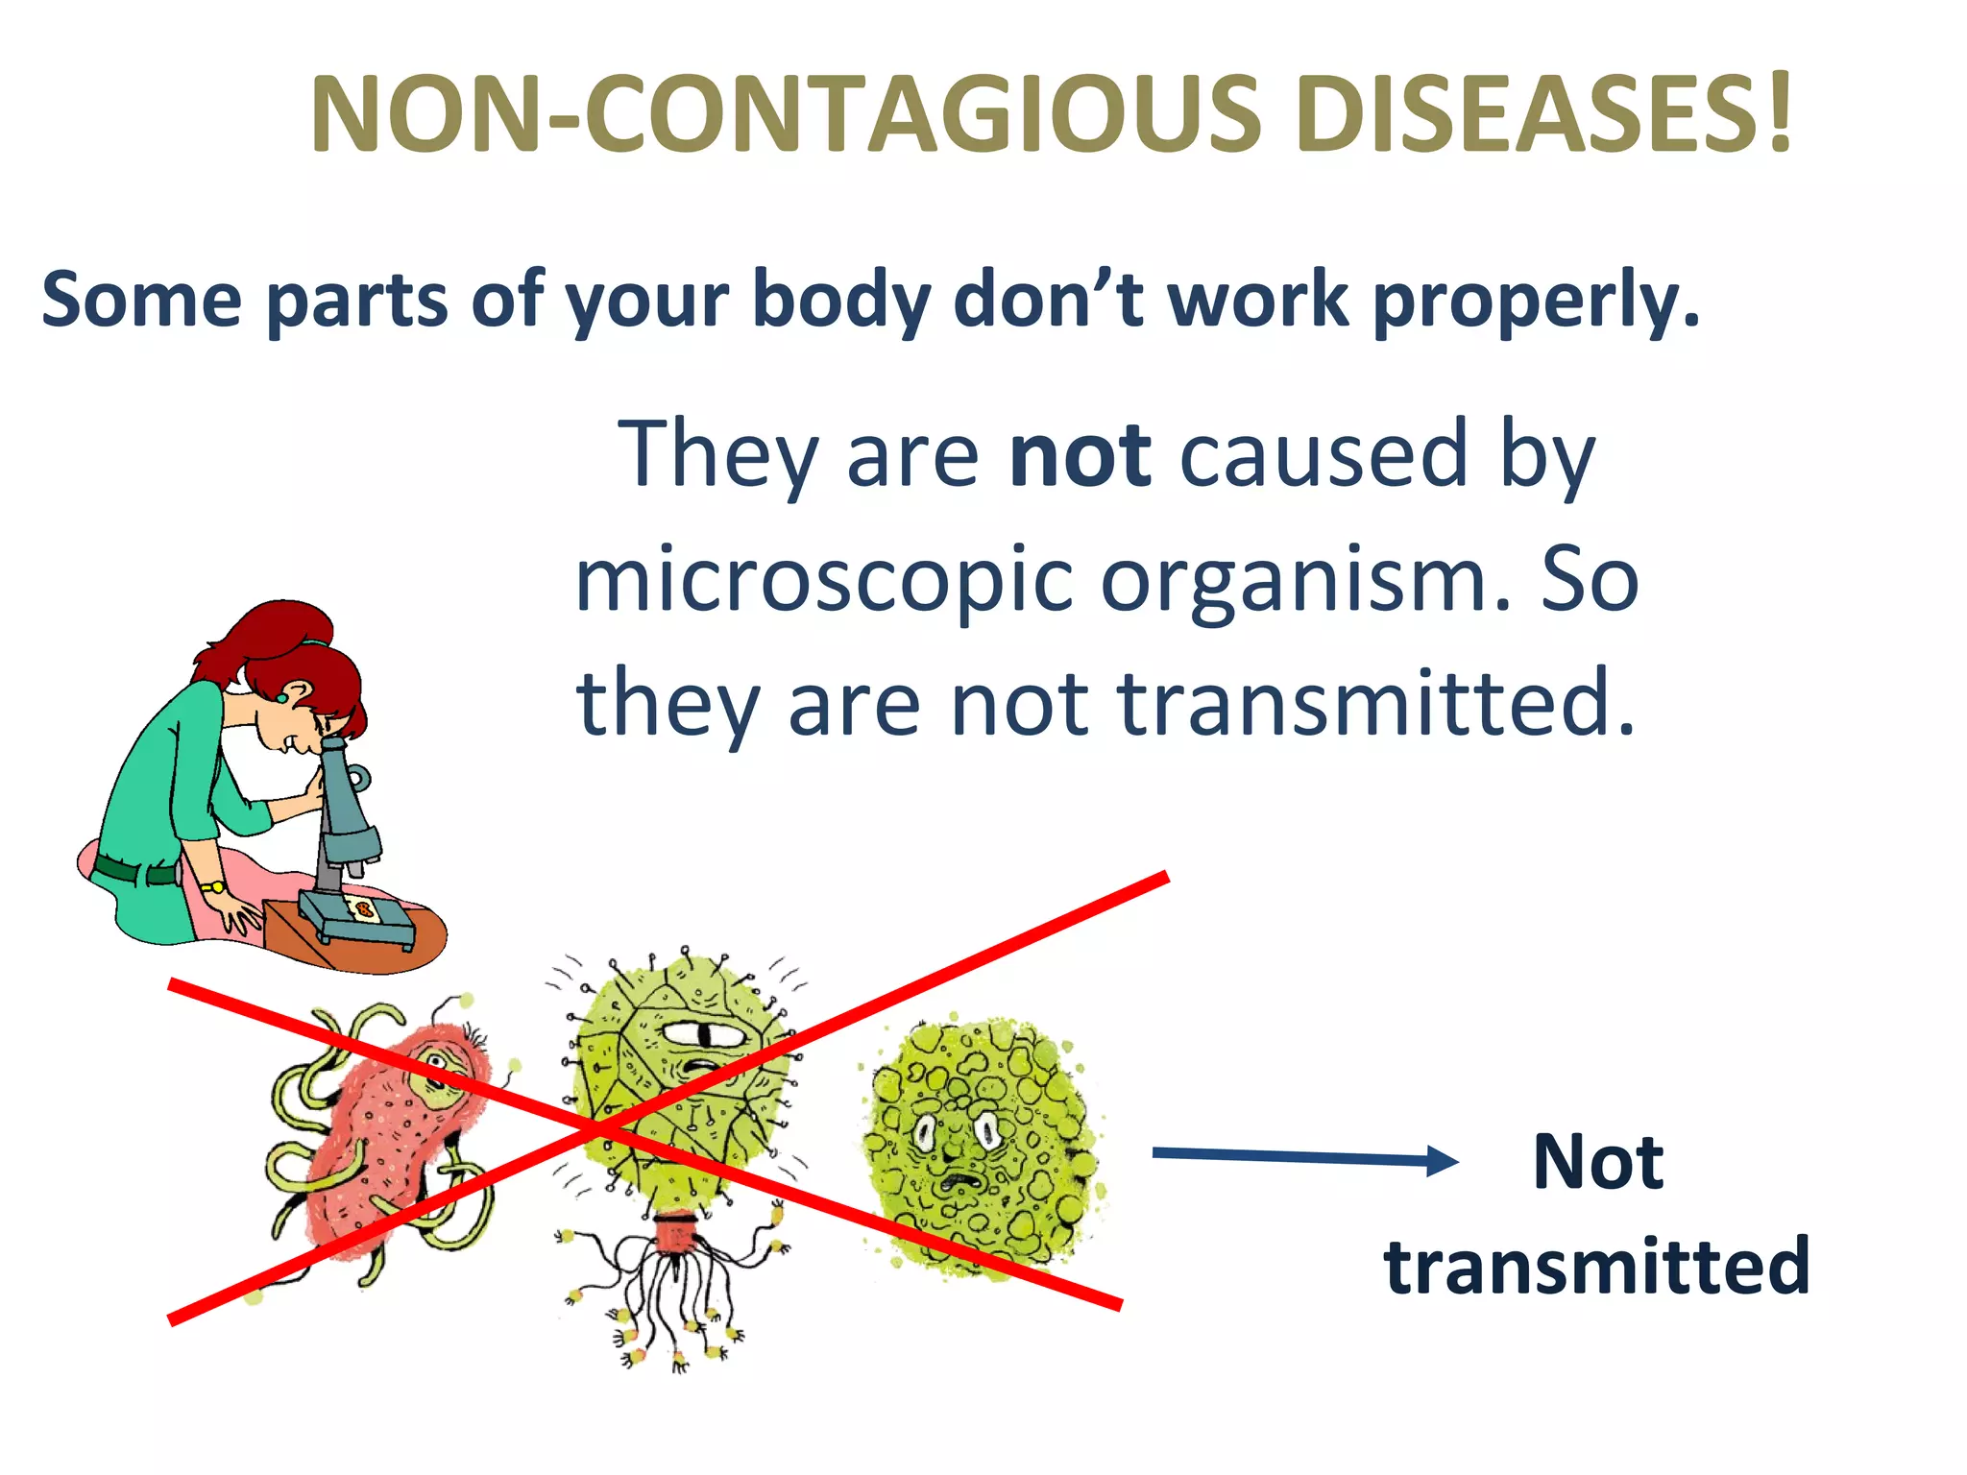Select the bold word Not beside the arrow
(x=1598, y=1163)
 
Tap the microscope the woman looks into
(x=346, y=826)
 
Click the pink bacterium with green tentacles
(x=384, y=1143)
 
